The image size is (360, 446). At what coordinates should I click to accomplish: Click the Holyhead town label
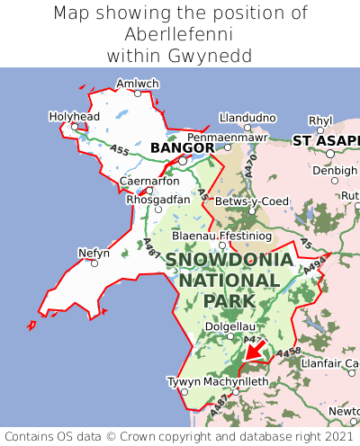pyautogui.click(x=74, y=116)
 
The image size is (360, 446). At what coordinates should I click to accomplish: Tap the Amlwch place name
pyautogui.click(x=138, y=84)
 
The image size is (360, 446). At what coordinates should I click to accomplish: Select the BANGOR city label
pyautogui.click(x=182, y=147)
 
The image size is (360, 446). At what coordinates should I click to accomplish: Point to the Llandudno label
pyautogui.click(x=247, y=118)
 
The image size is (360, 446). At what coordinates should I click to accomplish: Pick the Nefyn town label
pyautogui.click(x=94, y=253)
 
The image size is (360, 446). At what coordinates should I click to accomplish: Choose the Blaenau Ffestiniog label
pyautogui.click(x=220, y=235)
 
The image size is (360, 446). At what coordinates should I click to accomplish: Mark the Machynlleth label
pyautogui.click(x=236, y=381)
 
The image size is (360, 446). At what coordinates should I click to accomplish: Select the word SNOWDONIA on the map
pyautogui.click(x=229, y=260)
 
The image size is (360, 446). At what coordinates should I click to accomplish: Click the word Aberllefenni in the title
pyautogui.click(x=180, y=34)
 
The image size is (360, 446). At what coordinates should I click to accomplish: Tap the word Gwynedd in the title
pyautogui.click(x=211, y=55)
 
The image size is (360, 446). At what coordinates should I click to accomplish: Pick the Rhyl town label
pyautogui.click(x=319, y=120)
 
